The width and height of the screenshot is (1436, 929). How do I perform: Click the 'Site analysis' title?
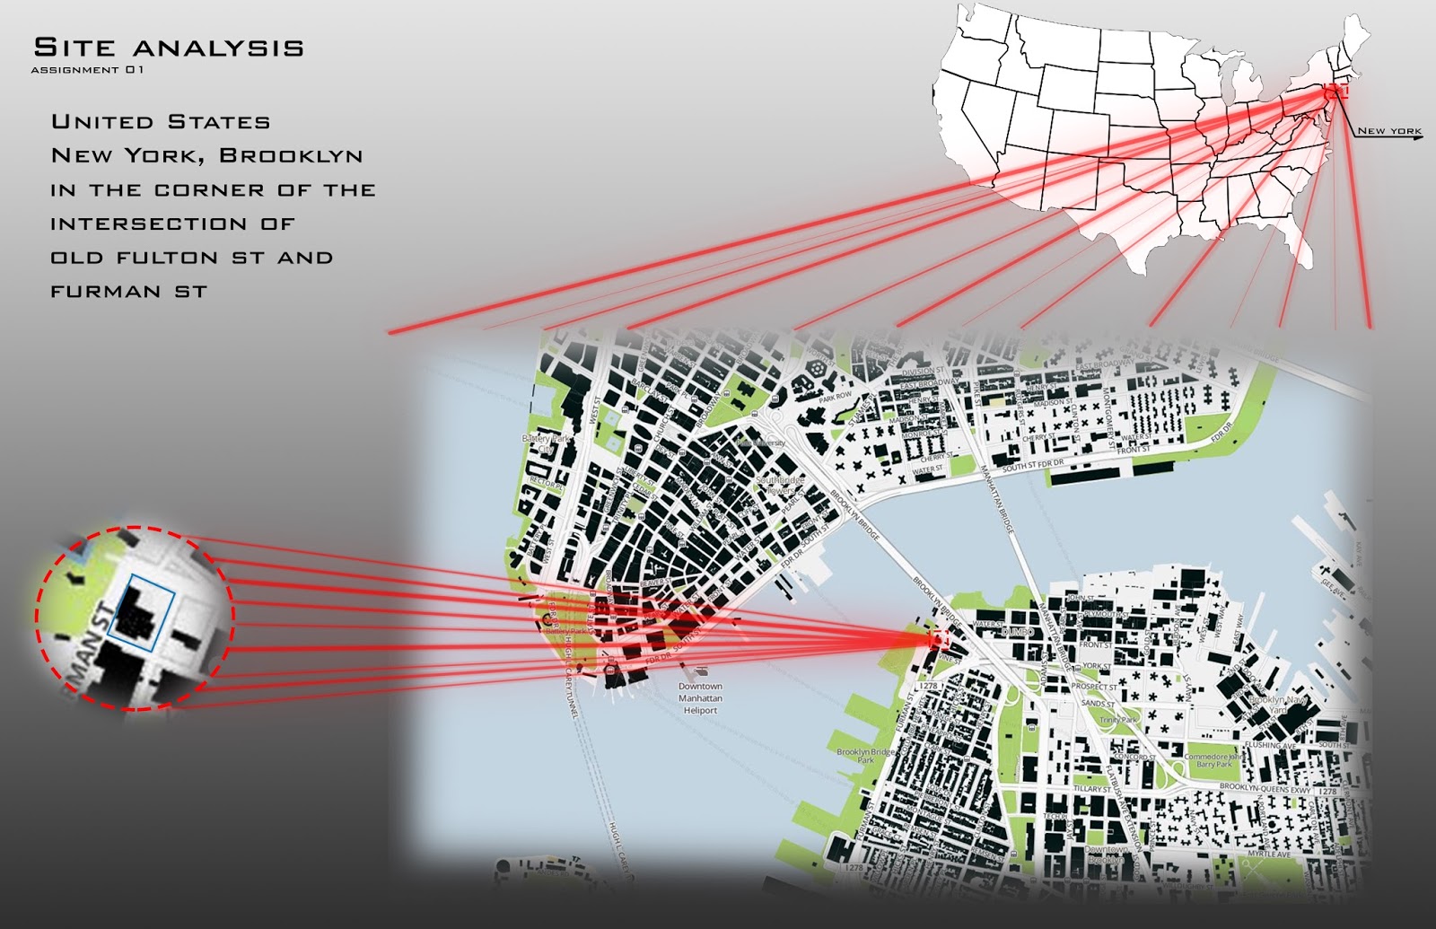click(168, 48)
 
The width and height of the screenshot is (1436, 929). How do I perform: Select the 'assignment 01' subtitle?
click(87, 70)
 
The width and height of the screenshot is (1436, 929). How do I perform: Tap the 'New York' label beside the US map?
click(1388, 131)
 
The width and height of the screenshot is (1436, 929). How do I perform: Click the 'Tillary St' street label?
click(1090, 790)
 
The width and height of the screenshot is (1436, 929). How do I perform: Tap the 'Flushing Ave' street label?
click(1270, 745)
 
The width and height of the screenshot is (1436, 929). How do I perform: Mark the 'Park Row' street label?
click(836, 396)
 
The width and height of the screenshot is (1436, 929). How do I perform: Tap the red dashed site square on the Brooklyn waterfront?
click(939, 638)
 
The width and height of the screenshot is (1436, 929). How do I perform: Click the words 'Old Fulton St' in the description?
click(157, 258)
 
